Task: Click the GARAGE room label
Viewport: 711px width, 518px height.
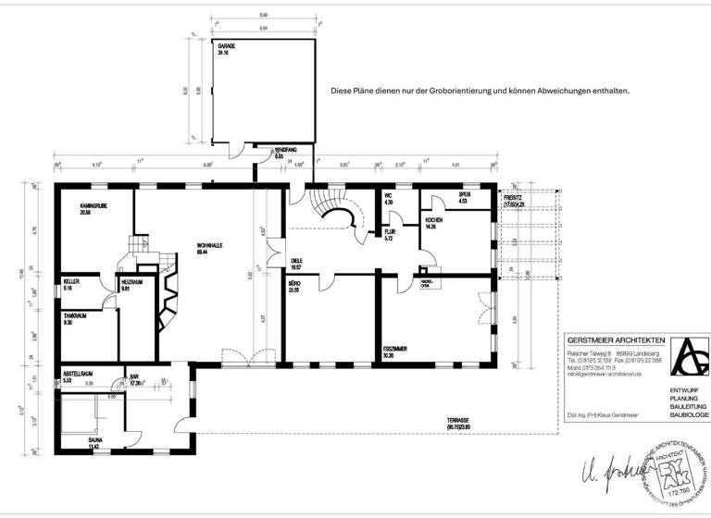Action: click(x=227, y=45)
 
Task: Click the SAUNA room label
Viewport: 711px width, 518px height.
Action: click(x=96, y=441)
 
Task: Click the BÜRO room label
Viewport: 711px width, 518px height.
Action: click(x=294, y=283)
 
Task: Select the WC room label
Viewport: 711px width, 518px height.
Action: click(x=390, y=196)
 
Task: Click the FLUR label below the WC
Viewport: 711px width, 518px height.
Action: click(x=390, y=232)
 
